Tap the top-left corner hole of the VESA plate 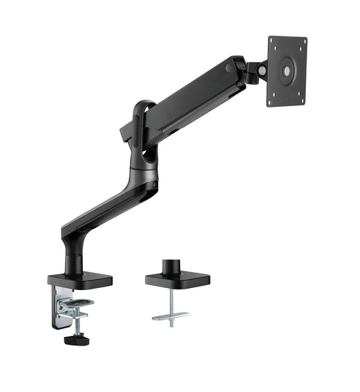click(275, 42)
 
